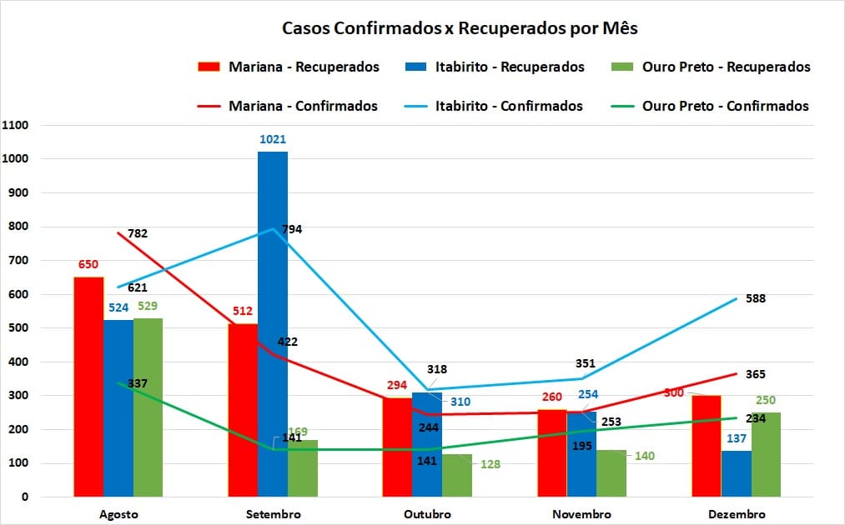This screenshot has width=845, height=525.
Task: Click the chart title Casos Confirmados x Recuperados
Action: point(460,28)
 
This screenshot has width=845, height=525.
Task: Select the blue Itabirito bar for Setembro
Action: point(273,325)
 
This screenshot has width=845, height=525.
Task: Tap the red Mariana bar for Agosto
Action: point(88,387)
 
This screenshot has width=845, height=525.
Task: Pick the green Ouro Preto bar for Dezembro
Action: point(766,455)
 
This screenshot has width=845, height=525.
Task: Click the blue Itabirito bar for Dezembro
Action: point(736,473)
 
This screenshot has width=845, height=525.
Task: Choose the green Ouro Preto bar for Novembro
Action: point(611,473)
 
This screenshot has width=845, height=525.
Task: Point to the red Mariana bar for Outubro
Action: point(397,447)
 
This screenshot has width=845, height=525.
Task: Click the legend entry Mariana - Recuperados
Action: point(288,67)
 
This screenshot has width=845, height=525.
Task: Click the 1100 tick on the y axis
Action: point(15,125)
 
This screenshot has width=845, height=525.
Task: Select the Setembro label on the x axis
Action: point(273,514)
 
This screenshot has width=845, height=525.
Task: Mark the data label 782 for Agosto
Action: point(138,233)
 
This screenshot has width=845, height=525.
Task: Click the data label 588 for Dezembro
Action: point(756,298)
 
